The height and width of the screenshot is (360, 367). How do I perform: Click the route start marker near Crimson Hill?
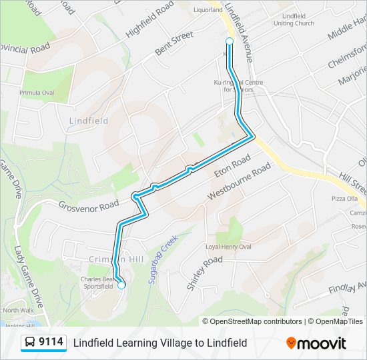pos(121,285)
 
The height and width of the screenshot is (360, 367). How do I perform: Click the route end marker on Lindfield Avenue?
pos(230,41)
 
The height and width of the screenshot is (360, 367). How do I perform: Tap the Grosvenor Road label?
pos(88,207)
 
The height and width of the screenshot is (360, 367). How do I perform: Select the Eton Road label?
pos(232,167)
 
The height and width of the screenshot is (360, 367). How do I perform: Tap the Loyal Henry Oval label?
pos(228,247)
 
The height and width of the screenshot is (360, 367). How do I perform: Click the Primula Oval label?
pos(37,93)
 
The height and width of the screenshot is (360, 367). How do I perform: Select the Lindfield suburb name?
pos(88,121)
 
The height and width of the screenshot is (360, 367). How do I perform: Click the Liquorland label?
pos(208,11)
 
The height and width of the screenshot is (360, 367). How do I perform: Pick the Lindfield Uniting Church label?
pos(294,19)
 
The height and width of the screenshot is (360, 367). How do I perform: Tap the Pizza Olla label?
pos(345,199)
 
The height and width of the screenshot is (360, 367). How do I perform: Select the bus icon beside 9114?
pos(30,343)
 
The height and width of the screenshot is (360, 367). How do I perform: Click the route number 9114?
pos(51,343)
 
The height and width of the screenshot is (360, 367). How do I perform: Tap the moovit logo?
pos(316,343)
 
